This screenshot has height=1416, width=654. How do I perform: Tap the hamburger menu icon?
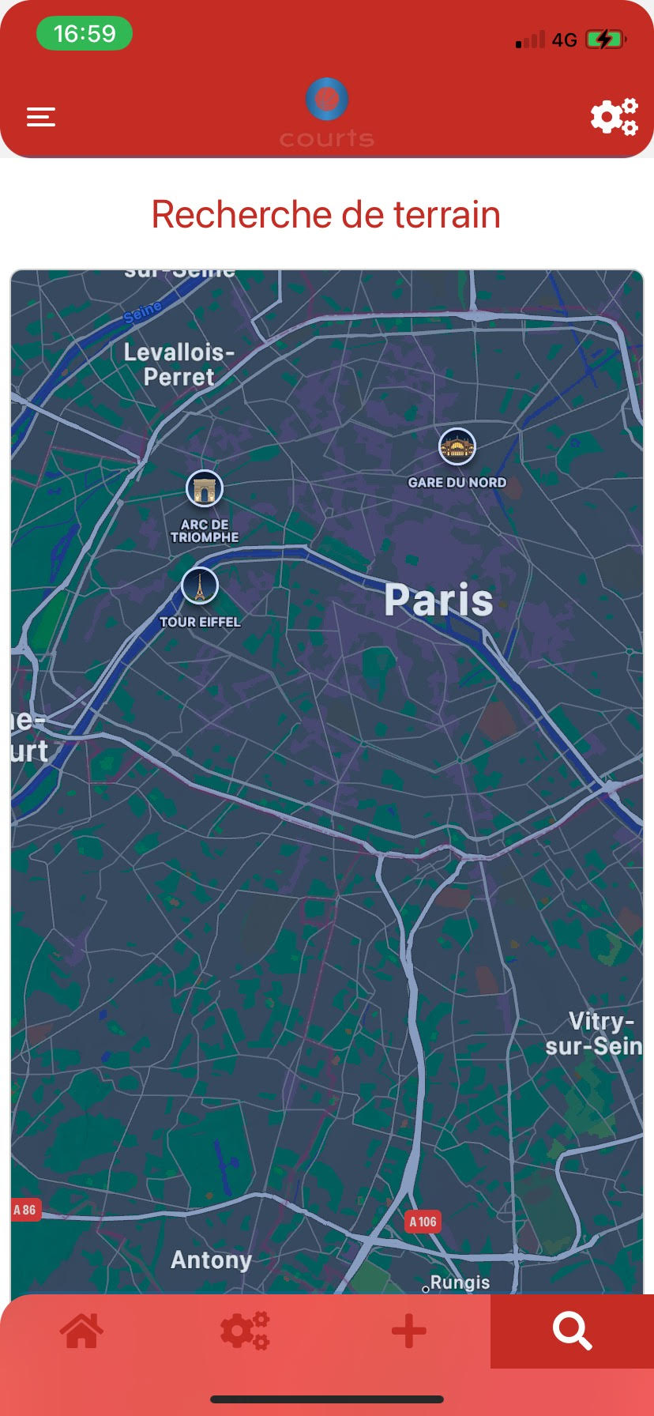(41, 117)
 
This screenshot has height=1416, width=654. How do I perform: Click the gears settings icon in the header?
(614, 117)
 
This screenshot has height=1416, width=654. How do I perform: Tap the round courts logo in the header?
(327, 100)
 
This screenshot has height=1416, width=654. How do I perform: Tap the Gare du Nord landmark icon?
(457, 447)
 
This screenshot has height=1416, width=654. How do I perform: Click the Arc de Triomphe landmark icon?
(205, 489)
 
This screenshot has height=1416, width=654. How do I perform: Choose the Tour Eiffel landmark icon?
(200, 586)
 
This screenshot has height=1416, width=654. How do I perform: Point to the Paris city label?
(438, 600)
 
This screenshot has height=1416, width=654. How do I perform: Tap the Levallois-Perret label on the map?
(179, 364)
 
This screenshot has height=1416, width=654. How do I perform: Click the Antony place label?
(211, 1260)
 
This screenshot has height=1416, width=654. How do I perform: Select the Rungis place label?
(460, 1282)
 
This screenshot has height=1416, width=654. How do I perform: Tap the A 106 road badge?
(423, 1222)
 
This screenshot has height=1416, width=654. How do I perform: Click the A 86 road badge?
(24, 1210)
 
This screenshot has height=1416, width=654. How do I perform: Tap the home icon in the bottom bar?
(82, 1331)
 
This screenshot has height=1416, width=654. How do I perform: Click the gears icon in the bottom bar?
(245, 1331)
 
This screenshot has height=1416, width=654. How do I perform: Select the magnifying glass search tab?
(572, 1331)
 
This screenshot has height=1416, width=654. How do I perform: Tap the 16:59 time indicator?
(85, 34)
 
